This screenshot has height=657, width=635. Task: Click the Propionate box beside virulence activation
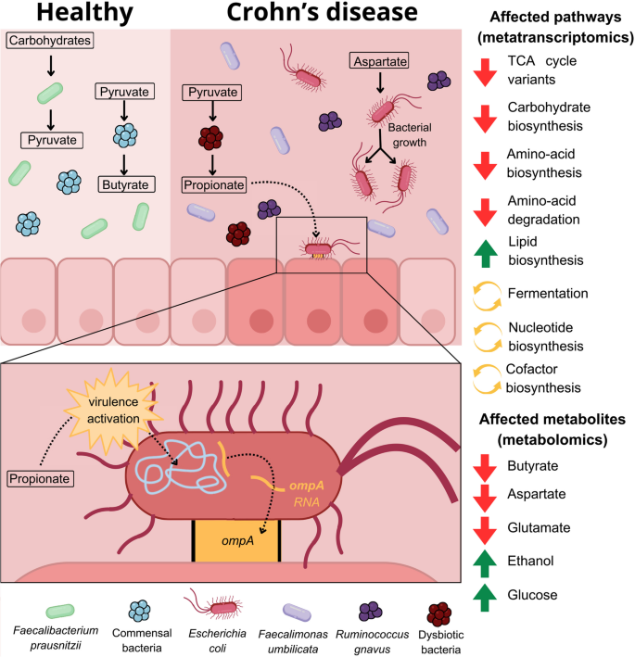(x=43, y=478)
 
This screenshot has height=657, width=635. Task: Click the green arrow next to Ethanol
(x=486, y=562)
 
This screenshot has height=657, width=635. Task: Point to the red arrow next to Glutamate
(x=486, y=527)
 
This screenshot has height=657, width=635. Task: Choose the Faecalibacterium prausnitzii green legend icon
(x=60, y=609)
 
